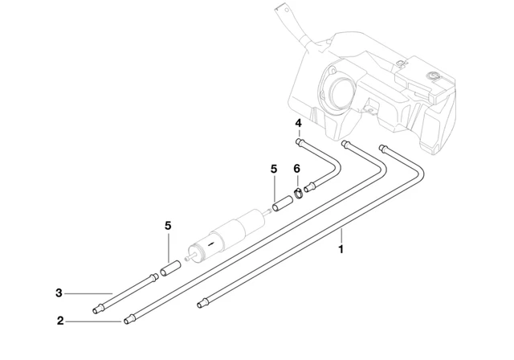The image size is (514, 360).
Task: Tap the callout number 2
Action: (x=59, y=321)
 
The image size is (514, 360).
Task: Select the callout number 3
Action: (x=59, y=292)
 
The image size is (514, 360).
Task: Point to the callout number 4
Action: (x=298, y=123)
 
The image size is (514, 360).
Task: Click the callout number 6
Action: (x=296, y=169)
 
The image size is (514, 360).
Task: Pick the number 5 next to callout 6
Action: (x=274, y=169)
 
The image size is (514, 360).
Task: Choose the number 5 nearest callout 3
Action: (x=168, y=227)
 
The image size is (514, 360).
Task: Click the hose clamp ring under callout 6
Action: (x=297, y=191)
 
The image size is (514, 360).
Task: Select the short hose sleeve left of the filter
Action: (x=169, y=267)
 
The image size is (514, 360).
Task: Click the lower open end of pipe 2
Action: (x=127, y=321)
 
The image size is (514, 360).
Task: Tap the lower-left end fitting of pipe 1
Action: (x=201, y=304)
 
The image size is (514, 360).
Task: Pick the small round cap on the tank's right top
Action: (x=434, y=76)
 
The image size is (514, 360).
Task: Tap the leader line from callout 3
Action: (x=88, y=292)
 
